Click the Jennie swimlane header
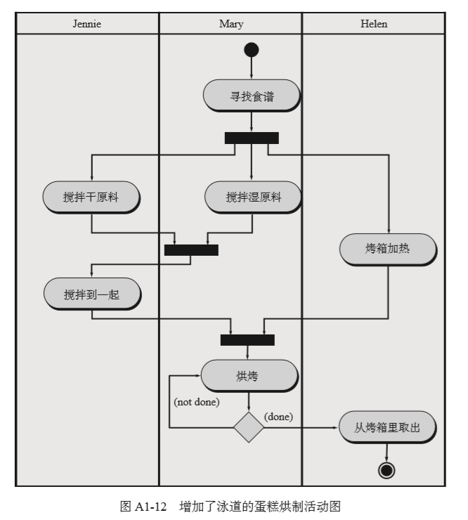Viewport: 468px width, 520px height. point(87,24)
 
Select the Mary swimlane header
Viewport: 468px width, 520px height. point(231,24)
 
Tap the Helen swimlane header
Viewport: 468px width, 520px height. point(374,24)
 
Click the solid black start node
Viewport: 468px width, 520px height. point(251,50)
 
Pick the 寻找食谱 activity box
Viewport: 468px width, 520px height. point(252,96)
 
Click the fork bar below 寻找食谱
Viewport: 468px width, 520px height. point(252,138)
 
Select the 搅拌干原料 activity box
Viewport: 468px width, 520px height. point(91,197)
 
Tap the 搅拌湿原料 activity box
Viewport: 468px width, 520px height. point(253,197)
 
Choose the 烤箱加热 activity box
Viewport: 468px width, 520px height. point(389,249)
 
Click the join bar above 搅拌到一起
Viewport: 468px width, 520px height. point(191,249)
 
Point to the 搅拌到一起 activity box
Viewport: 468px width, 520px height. point(91,294)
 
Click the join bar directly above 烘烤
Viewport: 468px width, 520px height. point(247,340)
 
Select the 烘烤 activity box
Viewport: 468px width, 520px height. point(249,376)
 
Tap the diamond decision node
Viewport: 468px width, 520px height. point(249,427)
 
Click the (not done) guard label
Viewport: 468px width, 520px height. point(197,403)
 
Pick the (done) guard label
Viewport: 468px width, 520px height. point(278,417)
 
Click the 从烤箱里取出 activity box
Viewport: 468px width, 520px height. point(387,427)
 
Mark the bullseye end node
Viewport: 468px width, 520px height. point(386,470)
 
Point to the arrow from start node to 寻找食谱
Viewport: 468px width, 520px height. point(251,68)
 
